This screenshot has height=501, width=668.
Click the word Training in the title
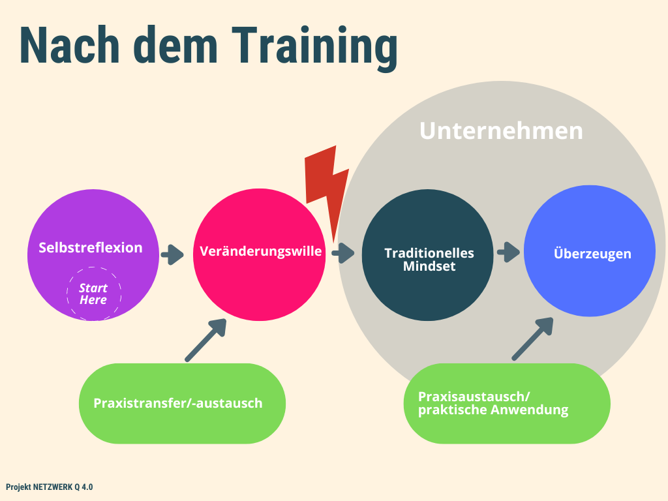click(x=315, y=47)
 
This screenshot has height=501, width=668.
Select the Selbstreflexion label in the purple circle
click(x=90, y=248)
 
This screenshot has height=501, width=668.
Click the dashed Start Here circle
click(x=93, y=294)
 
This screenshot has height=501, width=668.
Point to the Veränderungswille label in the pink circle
click(x=261, y=251)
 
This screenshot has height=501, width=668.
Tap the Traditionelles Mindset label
click(x=429, y=260)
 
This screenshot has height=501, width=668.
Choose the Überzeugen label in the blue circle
click(x=592, y=253)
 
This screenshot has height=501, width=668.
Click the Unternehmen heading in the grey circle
click(x=501, y=130)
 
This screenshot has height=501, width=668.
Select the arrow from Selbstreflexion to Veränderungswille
click(x=173, y=254)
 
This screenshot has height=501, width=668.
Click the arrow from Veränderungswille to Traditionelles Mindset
click(x=342, y=253)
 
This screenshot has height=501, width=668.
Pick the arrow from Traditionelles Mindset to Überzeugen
click(x=508, y=252)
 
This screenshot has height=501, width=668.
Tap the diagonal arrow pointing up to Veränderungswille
click(x=205, y=339)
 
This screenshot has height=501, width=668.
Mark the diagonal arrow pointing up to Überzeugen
click(x=532, y=339)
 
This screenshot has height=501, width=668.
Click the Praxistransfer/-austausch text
click(x=178, y=403)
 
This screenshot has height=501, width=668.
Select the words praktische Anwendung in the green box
click(x=493, y=410)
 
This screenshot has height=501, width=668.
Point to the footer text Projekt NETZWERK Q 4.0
click(x=49, y=487)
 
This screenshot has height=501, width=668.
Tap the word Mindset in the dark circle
click(x=429, y=267)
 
